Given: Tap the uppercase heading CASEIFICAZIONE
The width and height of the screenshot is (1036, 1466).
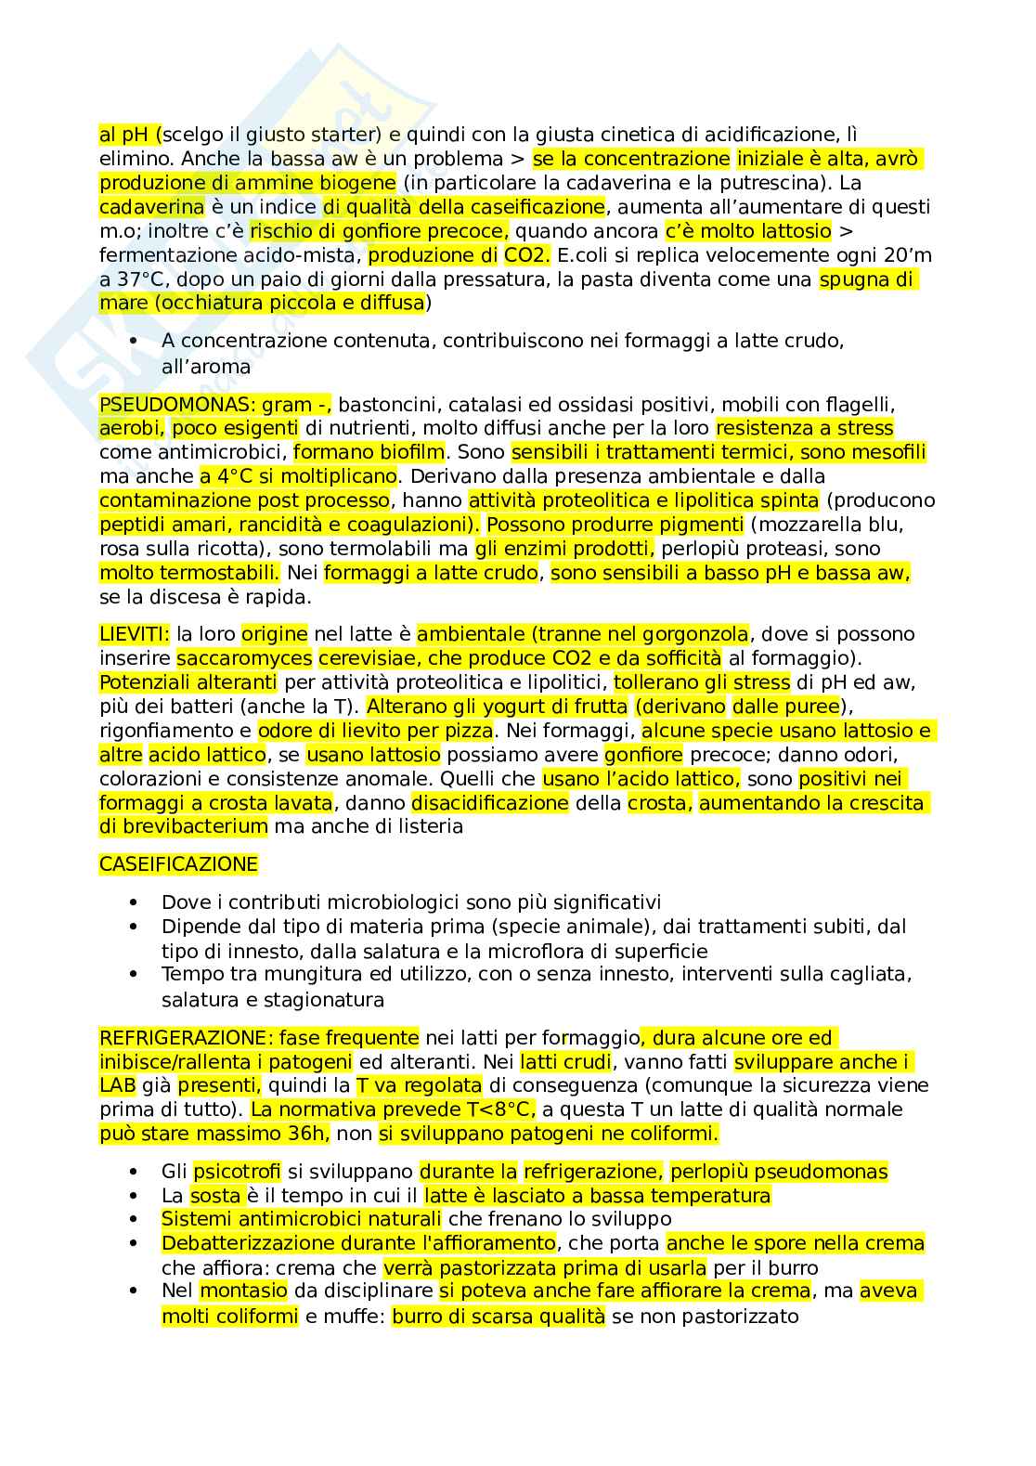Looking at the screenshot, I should pos(178,864).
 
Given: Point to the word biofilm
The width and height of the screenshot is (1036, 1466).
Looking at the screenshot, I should pos(412,453).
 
